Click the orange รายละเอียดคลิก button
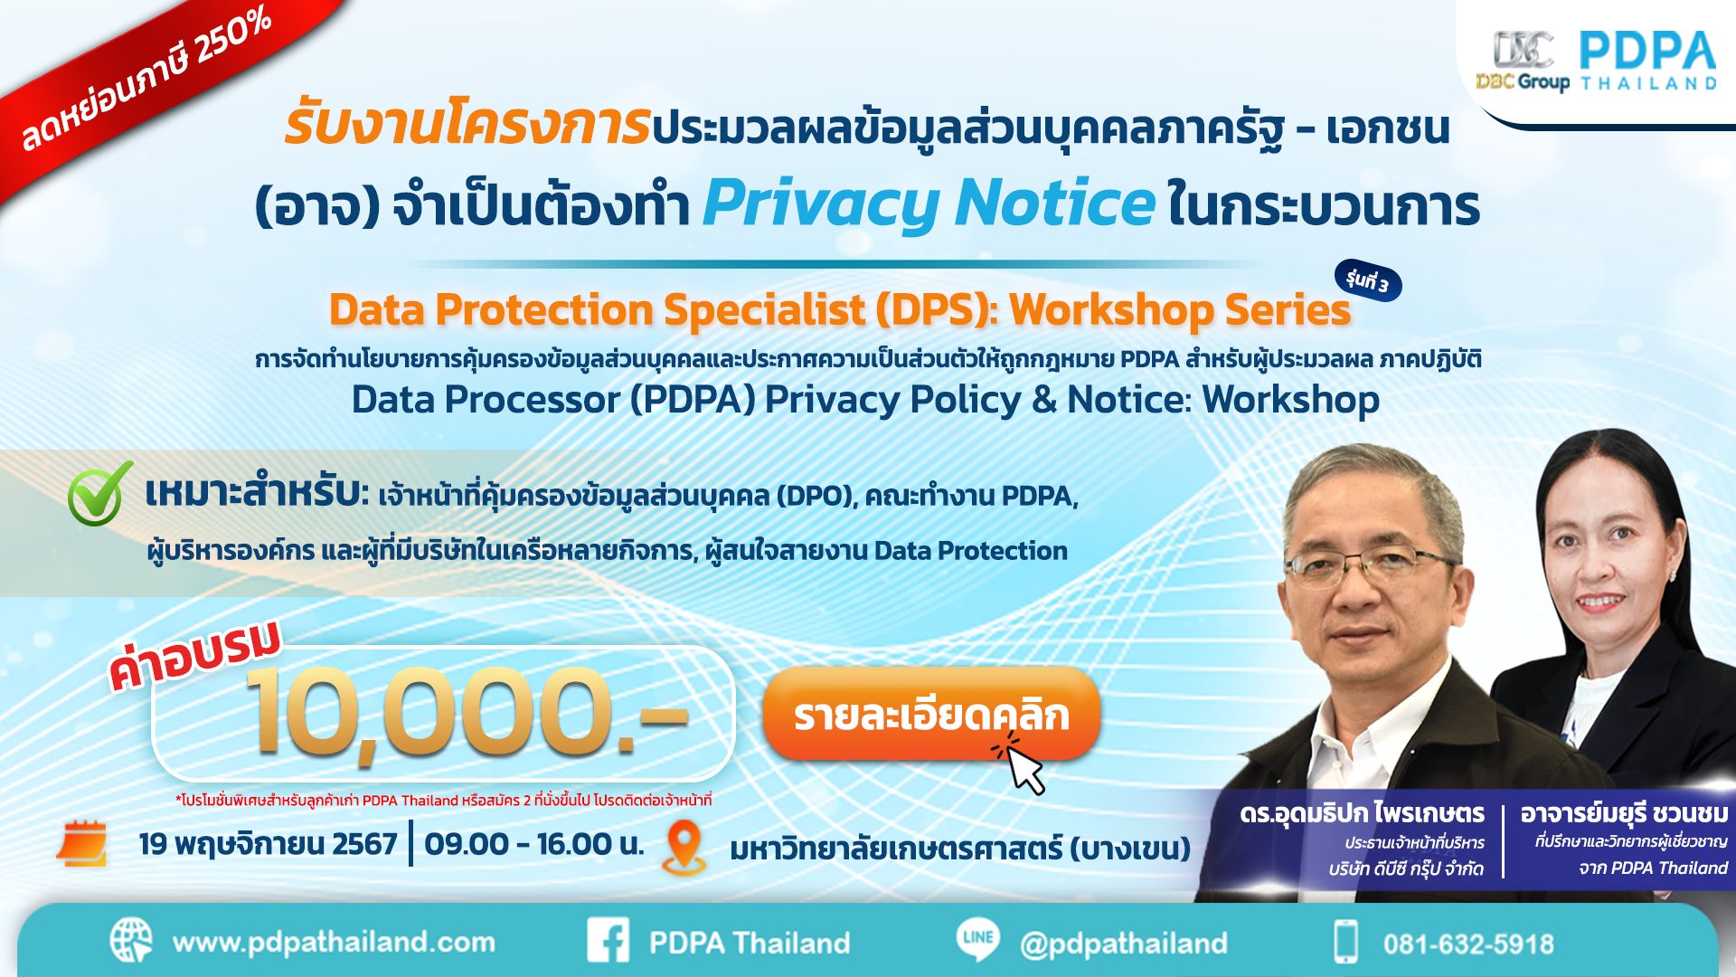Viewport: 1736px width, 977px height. pos(931,714)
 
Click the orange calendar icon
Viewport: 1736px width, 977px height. pos(81,843)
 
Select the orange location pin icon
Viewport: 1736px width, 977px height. pos(684,847)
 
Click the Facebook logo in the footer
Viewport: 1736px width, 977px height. pos(609,941)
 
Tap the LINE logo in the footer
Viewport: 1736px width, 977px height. pos(978,939)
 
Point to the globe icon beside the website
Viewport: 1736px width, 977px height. pos(132,941)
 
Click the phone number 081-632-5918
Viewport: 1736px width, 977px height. pos(1468,944)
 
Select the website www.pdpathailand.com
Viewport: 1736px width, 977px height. pos(334,943)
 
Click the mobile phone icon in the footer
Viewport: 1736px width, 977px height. pos(1346,941)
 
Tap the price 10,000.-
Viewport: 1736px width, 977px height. pos(466,711)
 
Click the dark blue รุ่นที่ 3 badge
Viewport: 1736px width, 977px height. pos(1367,281)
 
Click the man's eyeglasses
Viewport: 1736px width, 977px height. pos(1372,567)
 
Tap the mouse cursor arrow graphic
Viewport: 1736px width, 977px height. pos(1023,765)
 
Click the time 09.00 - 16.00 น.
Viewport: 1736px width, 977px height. pos(534,844)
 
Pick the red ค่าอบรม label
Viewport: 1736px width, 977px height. pos(195,655)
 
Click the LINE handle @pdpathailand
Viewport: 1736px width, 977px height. pos(1124,944)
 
